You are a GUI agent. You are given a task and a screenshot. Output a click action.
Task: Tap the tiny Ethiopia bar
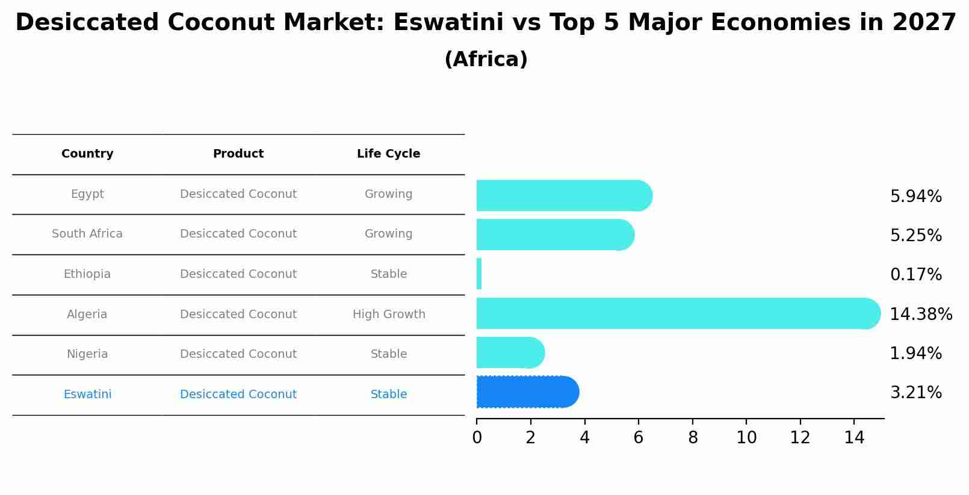pos(479,274)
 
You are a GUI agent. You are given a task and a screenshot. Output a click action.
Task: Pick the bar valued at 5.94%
pos(563,195)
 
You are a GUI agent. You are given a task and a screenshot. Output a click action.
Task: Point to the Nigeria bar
pos(509,352)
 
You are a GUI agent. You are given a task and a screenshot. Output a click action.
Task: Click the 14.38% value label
pos(920,315)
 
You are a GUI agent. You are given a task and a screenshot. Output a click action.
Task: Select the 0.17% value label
pos(915,275)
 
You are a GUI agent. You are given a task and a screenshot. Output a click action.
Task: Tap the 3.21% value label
pos(915,393)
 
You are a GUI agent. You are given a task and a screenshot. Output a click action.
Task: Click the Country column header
pos(87,154)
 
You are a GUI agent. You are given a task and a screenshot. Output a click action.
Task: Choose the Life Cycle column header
pos(388,154)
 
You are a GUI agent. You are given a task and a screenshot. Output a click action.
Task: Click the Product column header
pos(238,154)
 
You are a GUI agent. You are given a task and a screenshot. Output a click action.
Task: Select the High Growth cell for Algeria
pos(389,315)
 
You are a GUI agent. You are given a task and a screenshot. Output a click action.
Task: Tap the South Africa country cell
pos(87,234)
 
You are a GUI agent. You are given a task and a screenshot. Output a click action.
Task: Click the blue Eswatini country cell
pos(87,395)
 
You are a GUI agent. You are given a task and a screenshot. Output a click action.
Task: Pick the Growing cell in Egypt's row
pos(388,194)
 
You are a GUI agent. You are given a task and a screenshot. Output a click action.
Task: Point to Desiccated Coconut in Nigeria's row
pos(238,354)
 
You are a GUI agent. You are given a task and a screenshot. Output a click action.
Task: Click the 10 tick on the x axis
pos(746,438)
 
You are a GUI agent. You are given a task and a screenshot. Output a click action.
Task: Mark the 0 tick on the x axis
pos(477,438)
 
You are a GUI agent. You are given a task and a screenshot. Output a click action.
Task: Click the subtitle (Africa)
pos(486,60)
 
